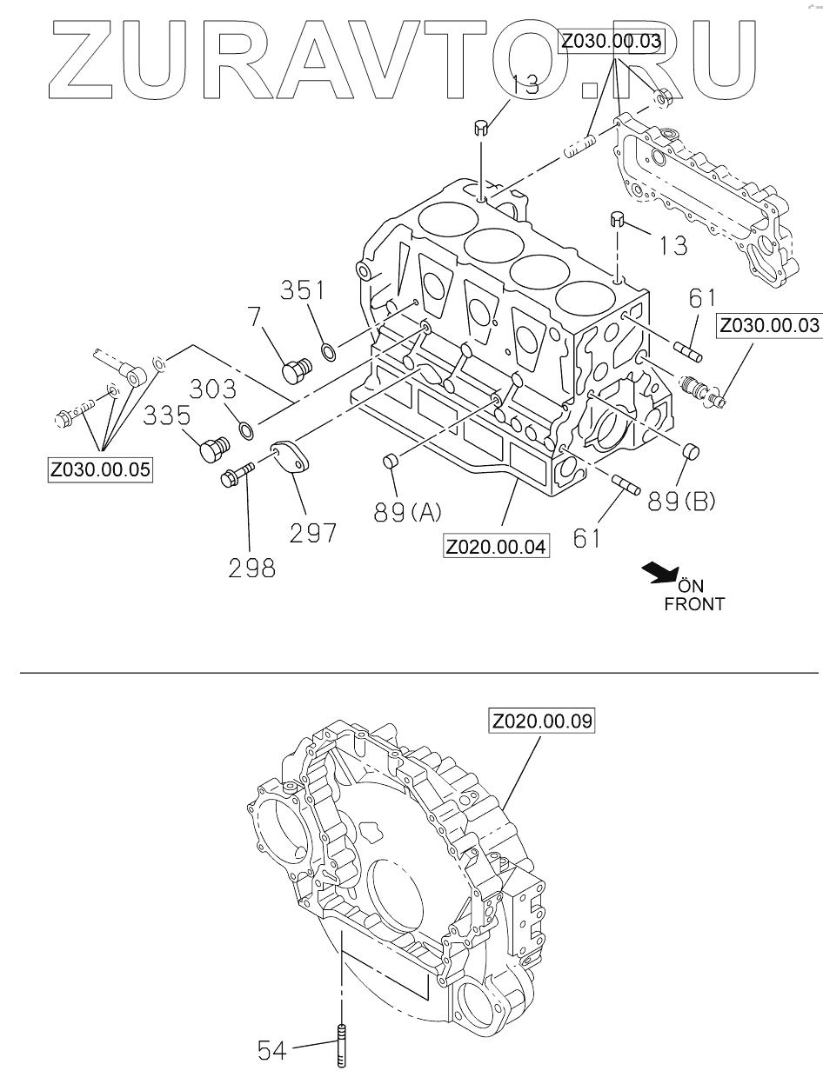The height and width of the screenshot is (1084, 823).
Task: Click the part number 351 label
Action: coord(302,290)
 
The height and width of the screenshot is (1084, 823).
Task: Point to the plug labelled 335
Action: coord(211,451)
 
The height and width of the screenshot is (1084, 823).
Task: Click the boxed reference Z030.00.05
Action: coord(100,470)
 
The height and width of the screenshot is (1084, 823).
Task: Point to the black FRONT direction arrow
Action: coord(660,573)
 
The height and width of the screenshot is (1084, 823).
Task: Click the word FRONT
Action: coord(693,603)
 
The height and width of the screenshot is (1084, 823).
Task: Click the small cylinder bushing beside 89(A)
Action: coord(391,460)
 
